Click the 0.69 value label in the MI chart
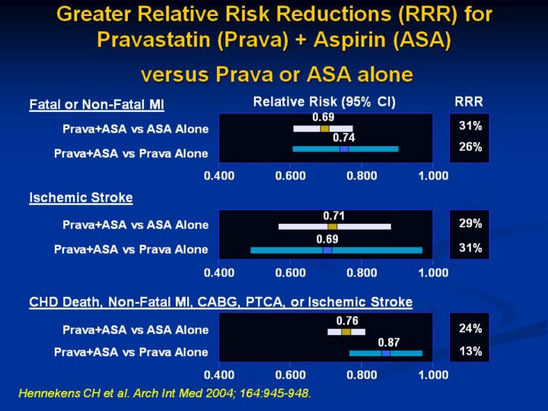(323, 117)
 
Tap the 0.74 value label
(343, 138)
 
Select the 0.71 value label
(334, 215)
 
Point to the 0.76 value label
(347, 320)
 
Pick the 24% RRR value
(469, 329)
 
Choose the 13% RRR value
(469, 352)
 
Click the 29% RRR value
(469, 224)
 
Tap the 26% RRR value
(469, 148)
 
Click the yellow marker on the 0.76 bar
(346, 331)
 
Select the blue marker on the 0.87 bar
(386, 353)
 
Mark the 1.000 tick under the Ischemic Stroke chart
(433, 272)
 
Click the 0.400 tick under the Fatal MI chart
(218, 175)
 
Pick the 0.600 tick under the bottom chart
(290, 375)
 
